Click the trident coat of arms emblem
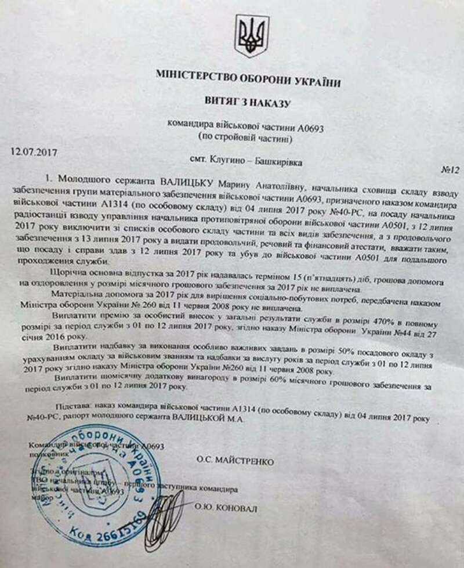pos(251,36)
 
